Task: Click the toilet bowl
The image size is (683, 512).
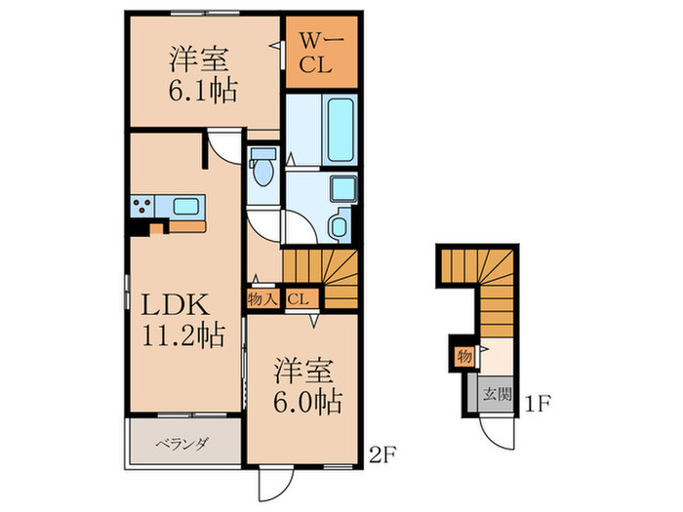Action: tap(261, 175)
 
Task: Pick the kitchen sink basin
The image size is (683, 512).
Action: tap(185, 206)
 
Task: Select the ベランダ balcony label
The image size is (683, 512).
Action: tap(181, 445)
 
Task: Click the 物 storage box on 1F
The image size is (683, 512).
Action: tap(463, 356)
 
